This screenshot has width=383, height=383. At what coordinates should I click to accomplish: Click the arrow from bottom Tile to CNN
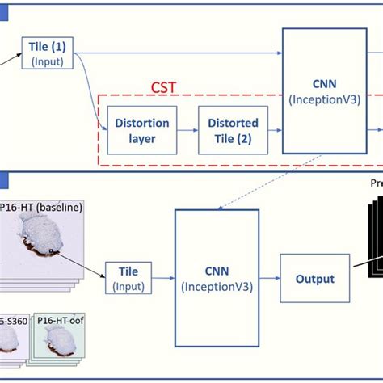(162, 279)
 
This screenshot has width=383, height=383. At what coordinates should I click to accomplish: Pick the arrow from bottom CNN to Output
(270, 279)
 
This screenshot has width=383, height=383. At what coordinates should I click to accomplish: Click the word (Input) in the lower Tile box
(128, 286)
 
